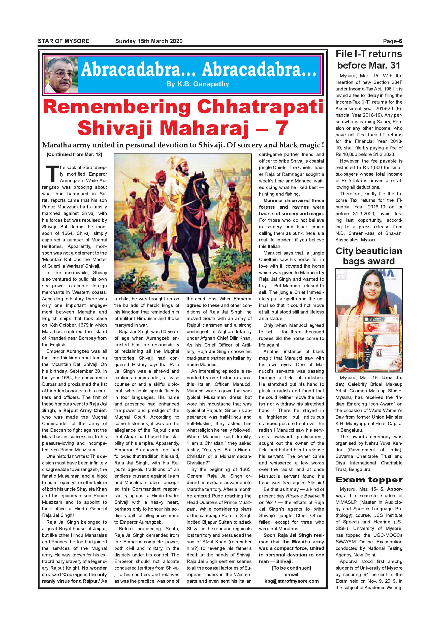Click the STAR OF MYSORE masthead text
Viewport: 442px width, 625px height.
64,41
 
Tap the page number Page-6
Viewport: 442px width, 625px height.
392,41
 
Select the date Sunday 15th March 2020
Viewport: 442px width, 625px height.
149,41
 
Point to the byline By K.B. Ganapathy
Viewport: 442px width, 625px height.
198,84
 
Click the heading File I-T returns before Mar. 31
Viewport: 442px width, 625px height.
369,59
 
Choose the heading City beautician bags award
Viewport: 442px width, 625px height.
369,256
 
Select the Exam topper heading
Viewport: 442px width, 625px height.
369,479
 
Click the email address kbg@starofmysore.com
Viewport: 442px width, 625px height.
292,581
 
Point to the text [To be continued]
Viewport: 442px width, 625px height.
292,568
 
